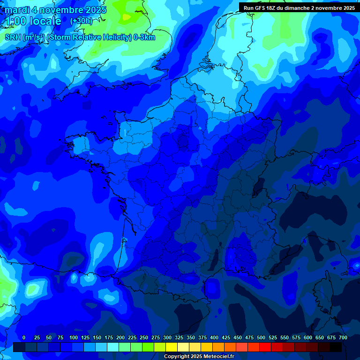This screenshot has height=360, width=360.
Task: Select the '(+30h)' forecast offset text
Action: coord(81,21)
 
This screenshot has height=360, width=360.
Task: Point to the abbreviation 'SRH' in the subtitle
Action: coord(13,37)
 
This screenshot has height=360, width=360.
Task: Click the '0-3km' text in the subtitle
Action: coord(144,37)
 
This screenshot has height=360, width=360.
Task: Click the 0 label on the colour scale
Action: coord(24,337)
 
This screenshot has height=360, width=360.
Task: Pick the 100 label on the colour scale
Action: coord(74,337)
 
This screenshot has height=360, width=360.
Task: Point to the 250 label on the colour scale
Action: coord(144,337)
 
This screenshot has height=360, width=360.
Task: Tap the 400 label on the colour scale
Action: coord(214,337)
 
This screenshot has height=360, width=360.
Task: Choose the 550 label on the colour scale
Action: coord(285,337)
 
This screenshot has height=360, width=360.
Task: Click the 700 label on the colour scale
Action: coord(343,337)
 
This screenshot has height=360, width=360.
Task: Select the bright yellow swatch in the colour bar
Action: coord(172,347)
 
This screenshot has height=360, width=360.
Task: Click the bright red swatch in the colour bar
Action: coord(265,347)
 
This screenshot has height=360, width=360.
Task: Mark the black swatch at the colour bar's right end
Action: coord(336,347)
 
